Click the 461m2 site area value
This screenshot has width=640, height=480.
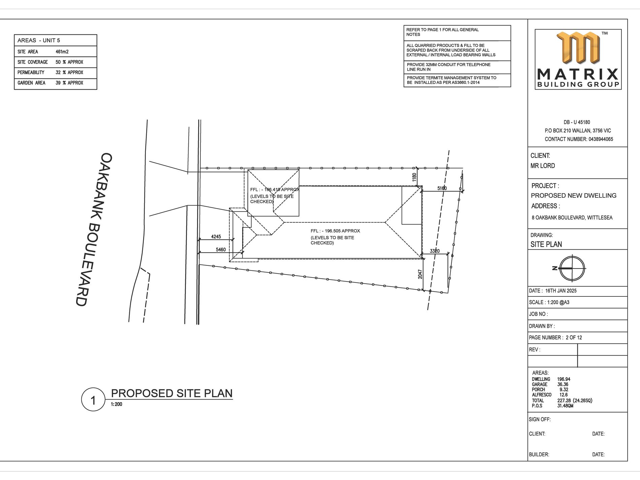tap(62, 52)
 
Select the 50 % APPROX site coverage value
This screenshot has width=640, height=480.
tap(69, 62)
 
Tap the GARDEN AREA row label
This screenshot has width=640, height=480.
tap(31, 83)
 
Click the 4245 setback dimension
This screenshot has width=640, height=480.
tap(216, 236)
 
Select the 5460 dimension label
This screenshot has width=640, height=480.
tap(221, 250)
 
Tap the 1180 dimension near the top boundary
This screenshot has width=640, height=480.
tap(414, 177)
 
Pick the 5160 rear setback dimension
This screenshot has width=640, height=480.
tap(442, 188)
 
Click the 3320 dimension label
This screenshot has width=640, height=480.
tap(435, 251)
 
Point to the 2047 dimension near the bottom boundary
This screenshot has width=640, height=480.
tap(420, 274)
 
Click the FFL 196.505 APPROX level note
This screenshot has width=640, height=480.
tap(335, 237)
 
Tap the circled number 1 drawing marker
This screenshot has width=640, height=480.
tap(93, 399)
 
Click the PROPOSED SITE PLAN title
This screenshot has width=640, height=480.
tap(172, 393)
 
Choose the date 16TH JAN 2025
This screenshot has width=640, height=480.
tap(561, 291)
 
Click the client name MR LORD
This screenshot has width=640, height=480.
tap(543, 166)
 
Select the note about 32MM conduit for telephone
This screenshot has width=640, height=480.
tap(449, 67)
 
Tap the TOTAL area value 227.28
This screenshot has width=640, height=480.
tap(564, 401)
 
